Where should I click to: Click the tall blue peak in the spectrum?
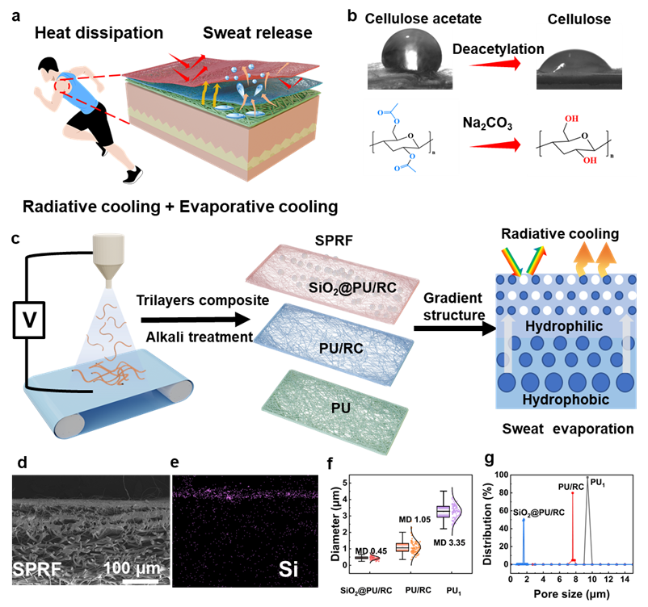click(524, 539)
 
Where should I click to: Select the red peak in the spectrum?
click(573, 525)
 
